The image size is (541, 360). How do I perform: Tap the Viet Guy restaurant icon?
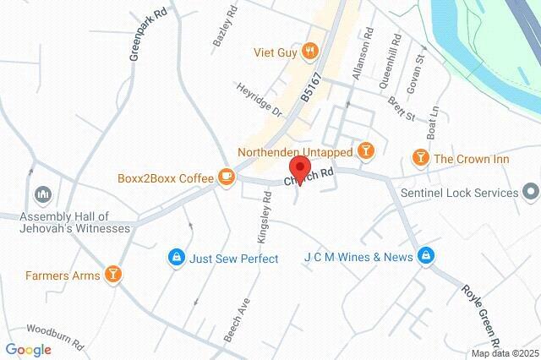pyautogui.click(x=310, y=52)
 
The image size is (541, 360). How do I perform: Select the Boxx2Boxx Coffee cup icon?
pyautogui.click(x=226, y=177)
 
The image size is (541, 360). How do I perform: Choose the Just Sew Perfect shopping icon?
pyautogui.click(x=176, y=259)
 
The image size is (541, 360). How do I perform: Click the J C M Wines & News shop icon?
pyautogui.click(x=427, y=256)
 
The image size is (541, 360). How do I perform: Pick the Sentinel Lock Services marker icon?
pyautogui.click(x=531, y=193)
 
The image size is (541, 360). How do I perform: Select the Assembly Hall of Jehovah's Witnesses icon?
pyautogui.click(x=42, y=197)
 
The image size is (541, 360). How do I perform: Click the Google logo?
pyautogui.click(x=28, y=349)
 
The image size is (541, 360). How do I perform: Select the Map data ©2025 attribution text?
pyautogui.click(x=504, y=353)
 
